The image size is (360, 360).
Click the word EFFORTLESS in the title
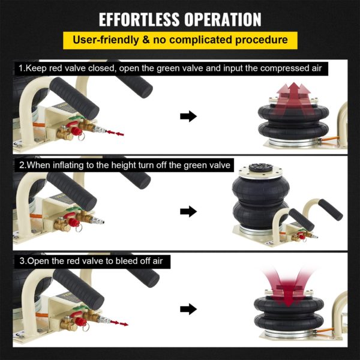[x=139, y=19]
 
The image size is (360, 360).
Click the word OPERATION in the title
[x=223, y=19]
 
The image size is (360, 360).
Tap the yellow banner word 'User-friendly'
[x=106, y=40]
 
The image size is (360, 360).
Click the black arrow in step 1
[x=188, y=116]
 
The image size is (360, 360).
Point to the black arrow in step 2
[x=188, y=211]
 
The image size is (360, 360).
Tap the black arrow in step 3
[x=188, y=309]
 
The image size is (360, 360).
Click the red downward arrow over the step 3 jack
[x=289, y=287]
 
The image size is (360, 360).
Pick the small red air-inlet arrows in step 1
[x=115, y=133]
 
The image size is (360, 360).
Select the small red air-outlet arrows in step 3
[x=119, y=323]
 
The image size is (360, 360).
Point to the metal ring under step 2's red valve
[x=79, y=229]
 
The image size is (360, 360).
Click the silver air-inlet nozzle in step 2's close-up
[x=98, y=221]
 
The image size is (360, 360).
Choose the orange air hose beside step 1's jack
[x=329, y=139]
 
